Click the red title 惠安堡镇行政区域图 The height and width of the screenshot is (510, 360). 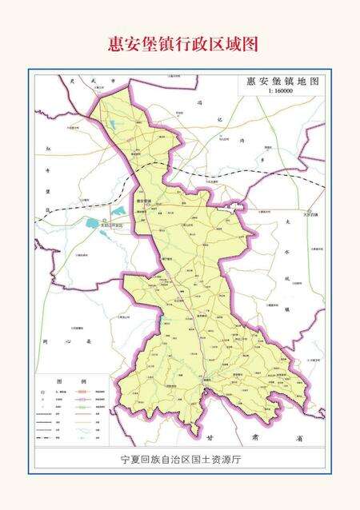183,44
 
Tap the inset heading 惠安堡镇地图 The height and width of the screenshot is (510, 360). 282,82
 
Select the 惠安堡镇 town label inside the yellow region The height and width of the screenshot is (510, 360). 145,201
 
